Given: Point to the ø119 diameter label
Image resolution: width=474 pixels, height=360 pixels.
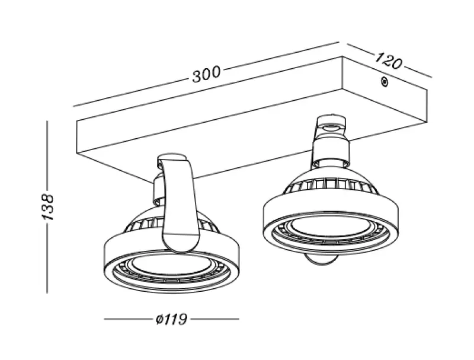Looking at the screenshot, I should point(171,320).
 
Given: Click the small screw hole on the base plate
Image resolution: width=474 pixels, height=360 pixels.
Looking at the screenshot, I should point(384,82).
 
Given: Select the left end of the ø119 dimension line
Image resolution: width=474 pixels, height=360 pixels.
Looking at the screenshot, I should point(105,320).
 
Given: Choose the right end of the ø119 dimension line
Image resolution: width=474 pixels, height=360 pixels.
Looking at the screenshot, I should point(238,320).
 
